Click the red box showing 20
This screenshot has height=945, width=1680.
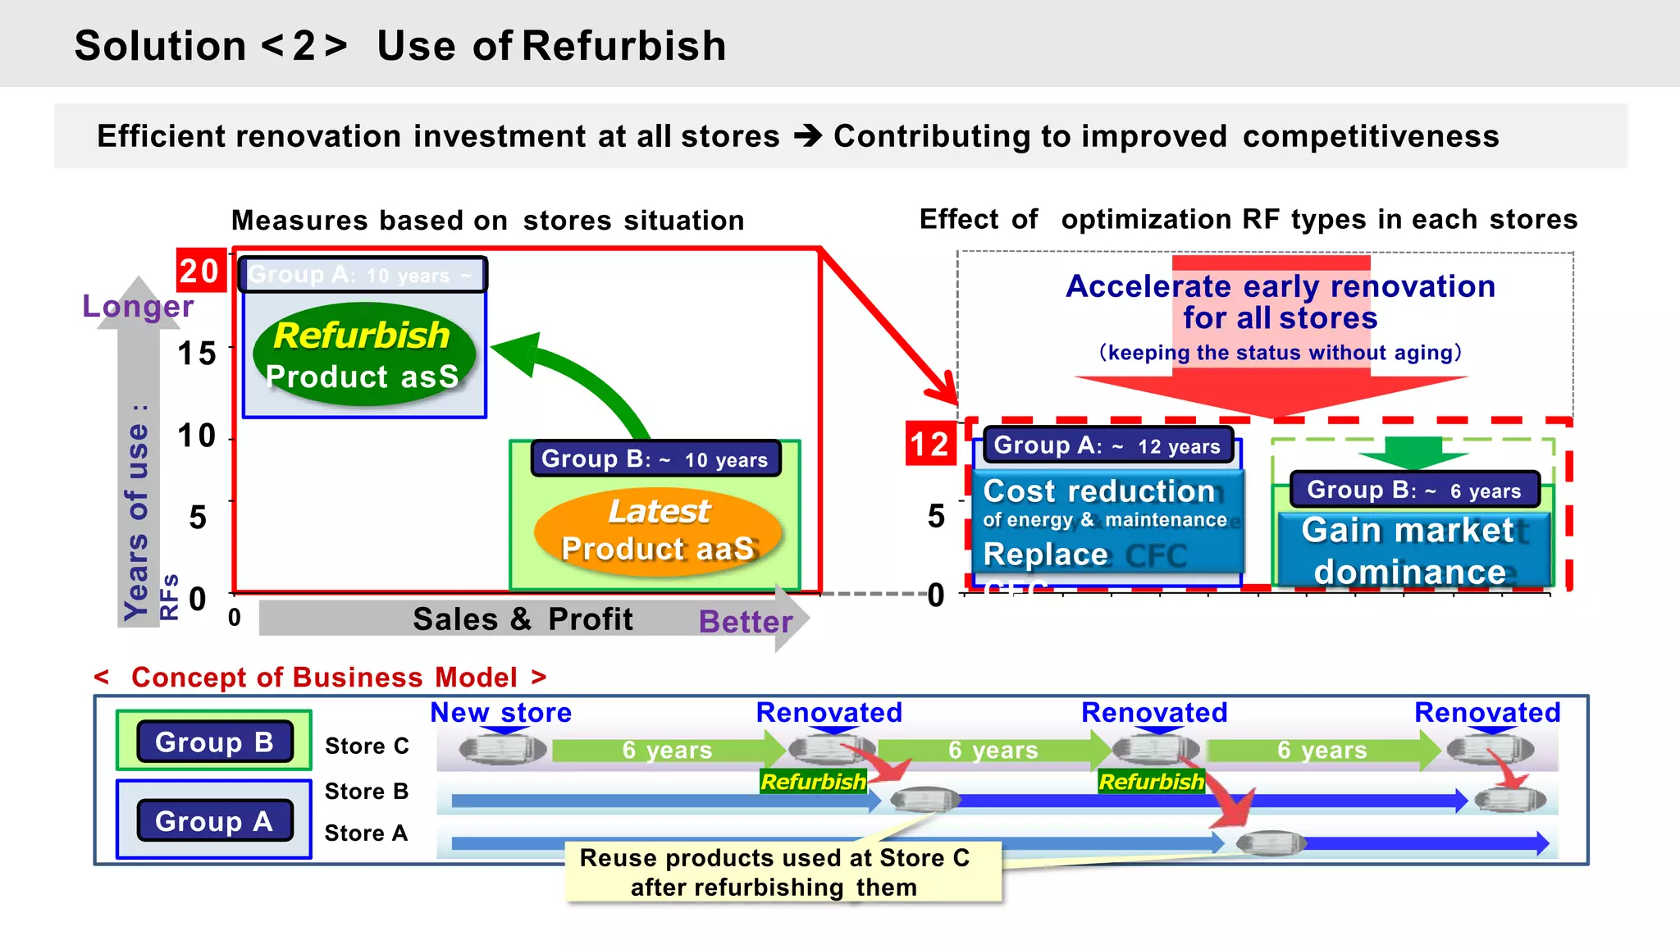200,271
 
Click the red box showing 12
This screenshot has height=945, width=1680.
930,444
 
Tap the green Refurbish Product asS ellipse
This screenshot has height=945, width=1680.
363,354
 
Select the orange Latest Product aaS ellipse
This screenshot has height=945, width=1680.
657,531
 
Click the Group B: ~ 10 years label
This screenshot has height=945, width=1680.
655,459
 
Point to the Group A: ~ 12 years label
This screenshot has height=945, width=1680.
1107,445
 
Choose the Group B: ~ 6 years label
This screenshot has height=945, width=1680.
1413,490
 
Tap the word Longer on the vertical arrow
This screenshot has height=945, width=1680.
138,306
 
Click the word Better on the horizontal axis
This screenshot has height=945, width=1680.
745,621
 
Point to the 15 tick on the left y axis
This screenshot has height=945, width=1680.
197,354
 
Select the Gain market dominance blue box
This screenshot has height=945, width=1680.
1411,550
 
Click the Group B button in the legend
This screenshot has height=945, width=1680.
214,742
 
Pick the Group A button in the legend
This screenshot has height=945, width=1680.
214,820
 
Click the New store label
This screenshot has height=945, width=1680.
500,712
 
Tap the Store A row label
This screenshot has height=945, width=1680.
366,833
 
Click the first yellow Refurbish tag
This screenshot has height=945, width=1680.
812,782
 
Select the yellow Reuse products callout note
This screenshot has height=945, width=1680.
775,872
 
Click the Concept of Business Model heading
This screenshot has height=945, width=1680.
323,678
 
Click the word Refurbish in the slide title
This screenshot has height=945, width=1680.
623,46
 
